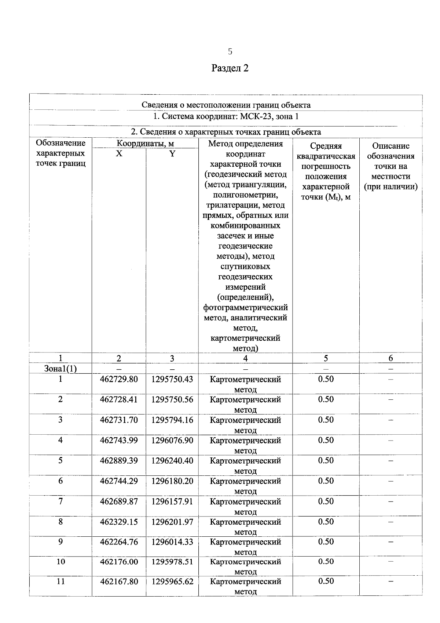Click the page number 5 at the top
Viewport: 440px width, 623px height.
click(230, 51)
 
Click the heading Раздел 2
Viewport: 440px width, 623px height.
click(230, 68)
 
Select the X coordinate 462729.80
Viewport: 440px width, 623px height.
click(119, 379)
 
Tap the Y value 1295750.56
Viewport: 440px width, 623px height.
click(172, 399)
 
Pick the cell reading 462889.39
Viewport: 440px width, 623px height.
click(119, 460)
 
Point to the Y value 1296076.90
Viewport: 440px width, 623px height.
click(172, 440)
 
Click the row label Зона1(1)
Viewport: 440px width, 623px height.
click(60, 369)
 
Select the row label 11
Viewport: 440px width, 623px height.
click(60, 582)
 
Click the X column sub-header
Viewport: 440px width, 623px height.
click(119, 153)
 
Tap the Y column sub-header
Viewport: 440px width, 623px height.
click(172, 153)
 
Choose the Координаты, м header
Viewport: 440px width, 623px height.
click(145, 144)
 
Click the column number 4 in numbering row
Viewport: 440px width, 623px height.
click(245, 358)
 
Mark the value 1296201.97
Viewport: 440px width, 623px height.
click(172, 522)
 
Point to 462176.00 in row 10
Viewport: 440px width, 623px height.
click(119, 562)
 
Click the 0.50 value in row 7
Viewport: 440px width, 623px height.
click(326, 501)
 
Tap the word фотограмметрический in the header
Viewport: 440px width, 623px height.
click(245, 307)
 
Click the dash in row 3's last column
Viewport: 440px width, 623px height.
click(390, 420)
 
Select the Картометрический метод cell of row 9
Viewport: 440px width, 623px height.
click(245, 547)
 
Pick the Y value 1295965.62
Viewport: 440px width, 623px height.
click(172, 582)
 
